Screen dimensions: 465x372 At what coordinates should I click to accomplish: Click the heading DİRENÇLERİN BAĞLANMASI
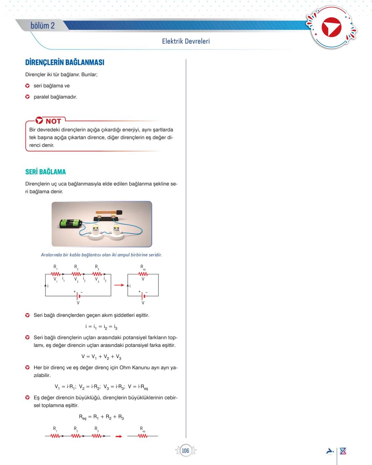coord(65,62)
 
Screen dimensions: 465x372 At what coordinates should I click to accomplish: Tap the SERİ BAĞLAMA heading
coord(45,172)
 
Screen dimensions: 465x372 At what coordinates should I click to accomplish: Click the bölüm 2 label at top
coord(42,26)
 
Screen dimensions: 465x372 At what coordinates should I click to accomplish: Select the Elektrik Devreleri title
coord(186,41)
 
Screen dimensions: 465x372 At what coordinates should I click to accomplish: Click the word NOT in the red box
coord(53,121)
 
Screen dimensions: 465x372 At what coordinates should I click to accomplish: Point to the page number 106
coord(185,451)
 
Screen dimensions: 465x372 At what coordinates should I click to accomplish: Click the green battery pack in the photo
coord(70,223)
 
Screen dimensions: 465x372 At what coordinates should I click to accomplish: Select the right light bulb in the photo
coord(115,229)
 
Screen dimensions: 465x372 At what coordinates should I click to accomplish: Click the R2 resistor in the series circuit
coord(76,274)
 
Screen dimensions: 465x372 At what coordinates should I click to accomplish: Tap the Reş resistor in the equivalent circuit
coord(143,274)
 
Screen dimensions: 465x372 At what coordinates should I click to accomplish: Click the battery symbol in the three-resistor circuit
coord(78,296)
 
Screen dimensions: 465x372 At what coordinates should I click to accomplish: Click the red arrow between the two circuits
coord(119,285)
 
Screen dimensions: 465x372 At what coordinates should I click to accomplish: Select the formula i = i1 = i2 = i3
coord(101,326)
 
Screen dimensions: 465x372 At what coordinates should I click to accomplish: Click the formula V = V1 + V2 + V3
coord(101,357)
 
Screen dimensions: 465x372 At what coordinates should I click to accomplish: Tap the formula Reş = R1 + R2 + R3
coord(101,417)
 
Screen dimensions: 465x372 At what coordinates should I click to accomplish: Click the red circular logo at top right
coord(331,28)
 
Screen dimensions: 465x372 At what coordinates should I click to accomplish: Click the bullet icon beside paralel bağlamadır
coord(28,97)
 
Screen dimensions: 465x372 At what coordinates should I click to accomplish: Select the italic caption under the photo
coord(101,255)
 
